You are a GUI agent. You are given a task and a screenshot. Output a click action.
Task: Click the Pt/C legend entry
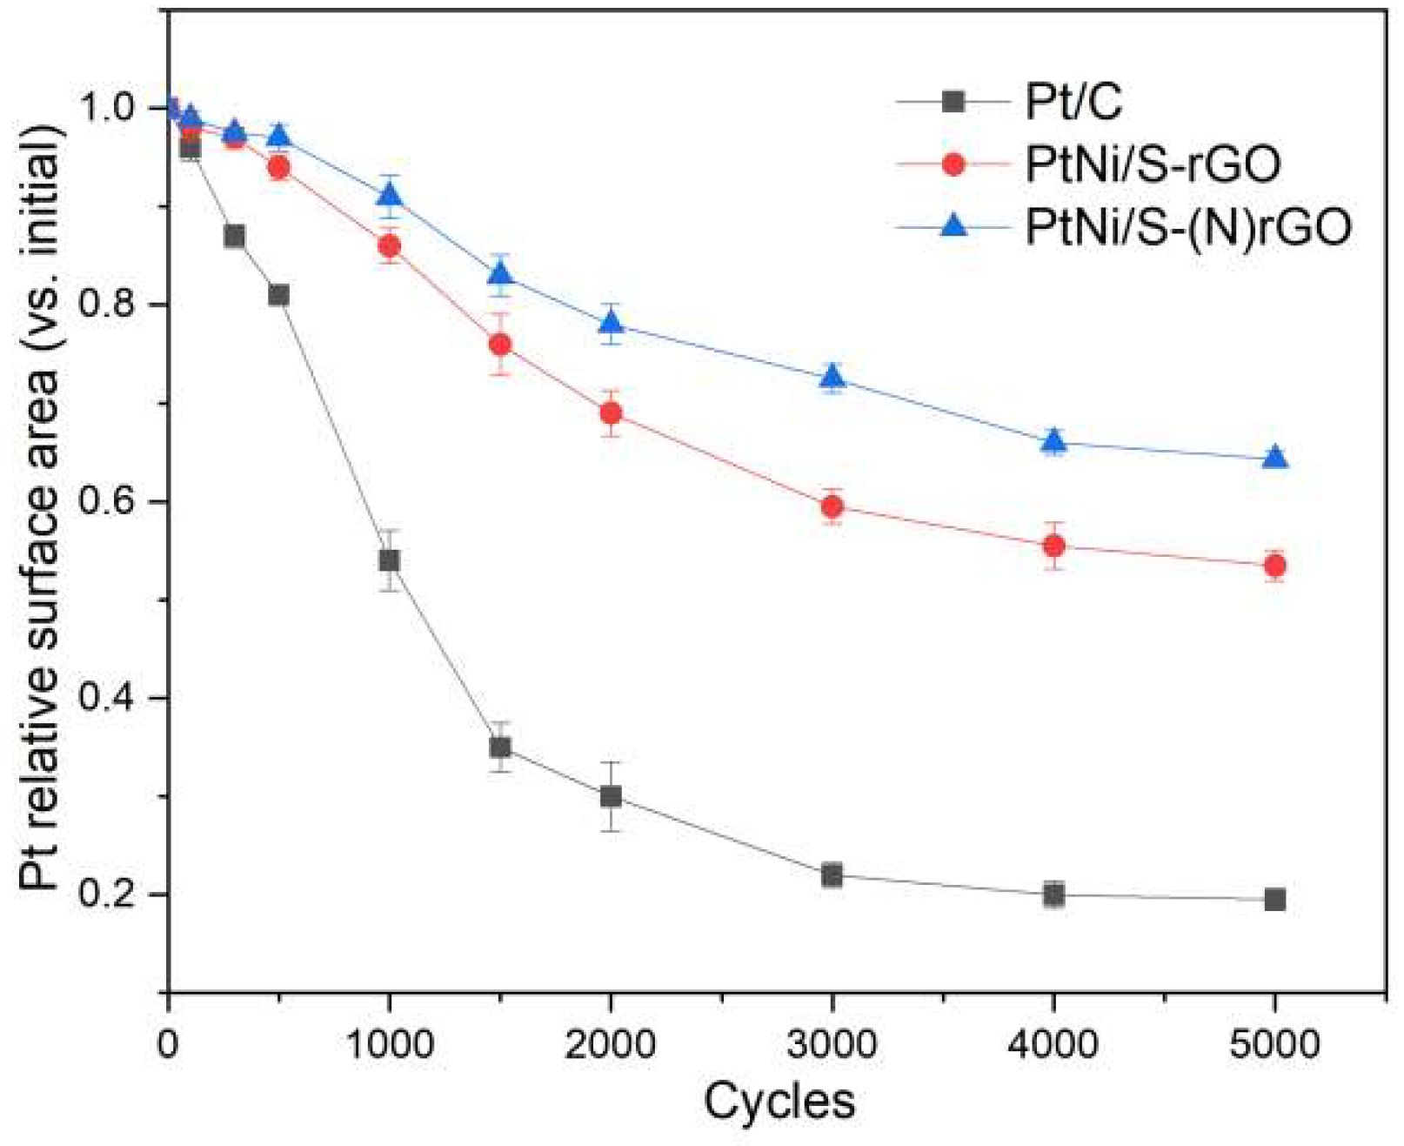click(x=1073, y=102)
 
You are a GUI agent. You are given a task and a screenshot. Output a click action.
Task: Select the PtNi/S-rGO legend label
click(x=1153, y=164)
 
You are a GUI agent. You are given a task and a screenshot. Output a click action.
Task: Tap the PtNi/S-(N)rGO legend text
click(x=1188, y=226)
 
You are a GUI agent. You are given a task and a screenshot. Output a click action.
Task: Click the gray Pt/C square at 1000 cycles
click(x=389, y=560)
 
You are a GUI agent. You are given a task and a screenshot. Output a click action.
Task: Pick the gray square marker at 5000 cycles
click(x=1274, y=899)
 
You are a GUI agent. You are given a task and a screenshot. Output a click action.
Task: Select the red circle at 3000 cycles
click(x=832, y=506)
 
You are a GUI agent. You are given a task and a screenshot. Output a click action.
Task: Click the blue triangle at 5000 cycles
click(x=1274, y=458)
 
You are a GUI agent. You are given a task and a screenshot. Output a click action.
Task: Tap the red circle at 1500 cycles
click(x=500, y=345)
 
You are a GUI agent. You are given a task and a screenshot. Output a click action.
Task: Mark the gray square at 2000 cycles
click(x=611, y=796)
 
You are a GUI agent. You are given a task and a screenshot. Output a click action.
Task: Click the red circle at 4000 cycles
click(x=1053, y=546)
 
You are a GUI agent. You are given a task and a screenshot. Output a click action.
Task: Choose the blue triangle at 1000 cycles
click(x=389, y=195)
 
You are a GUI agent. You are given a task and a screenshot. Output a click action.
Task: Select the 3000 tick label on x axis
click(x=832, y=1043)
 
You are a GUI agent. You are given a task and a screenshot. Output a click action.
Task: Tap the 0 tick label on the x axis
click(x=168, y=1043)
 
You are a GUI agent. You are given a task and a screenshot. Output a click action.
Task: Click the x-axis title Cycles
click(x=779, y=1102)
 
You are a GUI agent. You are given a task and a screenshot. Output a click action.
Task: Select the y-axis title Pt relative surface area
click(x=41, y=505)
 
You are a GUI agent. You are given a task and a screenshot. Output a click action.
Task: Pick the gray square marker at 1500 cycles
click(x=500, y=747)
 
